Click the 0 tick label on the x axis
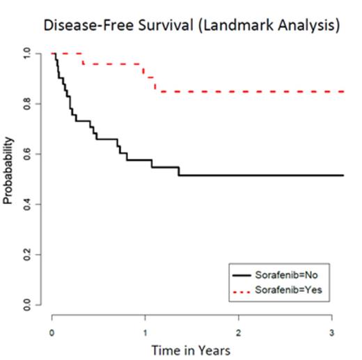53,330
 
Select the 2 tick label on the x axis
239,330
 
